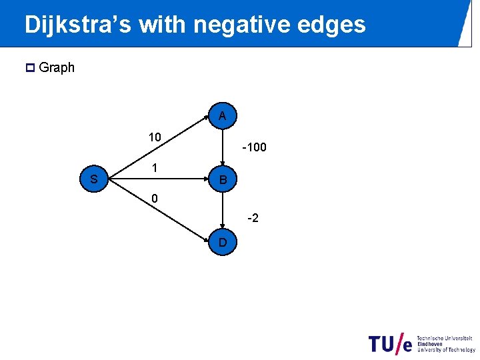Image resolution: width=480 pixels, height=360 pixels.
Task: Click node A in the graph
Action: (x=223, y=115)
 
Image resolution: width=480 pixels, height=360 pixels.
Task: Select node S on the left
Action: (x=94, y=179)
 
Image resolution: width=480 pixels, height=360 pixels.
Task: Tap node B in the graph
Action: (x=223, y=179)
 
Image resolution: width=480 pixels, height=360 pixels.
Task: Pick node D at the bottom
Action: (x=223, y=243)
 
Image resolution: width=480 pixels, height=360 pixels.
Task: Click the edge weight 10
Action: (x=155, y=137)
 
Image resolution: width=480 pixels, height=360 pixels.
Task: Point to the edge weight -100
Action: (x=255, y=147)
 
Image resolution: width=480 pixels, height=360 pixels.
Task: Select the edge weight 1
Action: (x=154, y=169)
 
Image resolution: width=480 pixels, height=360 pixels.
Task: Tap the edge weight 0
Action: (x=155, y=199)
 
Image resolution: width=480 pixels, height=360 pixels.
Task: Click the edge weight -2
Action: (x=253, y=217)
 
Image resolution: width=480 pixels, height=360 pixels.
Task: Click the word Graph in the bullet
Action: (x=57, y=67)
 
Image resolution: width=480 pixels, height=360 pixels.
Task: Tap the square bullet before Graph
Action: (x=29, y=67)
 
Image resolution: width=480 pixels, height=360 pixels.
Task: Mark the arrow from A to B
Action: (x=223, y=147)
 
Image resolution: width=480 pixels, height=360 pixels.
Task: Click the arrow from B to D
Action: (x=223, y=211)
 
